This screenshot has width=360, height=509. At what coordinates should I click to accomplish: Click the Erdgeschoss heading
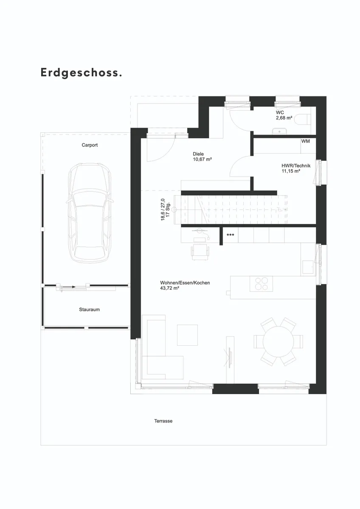(x=81, y=73)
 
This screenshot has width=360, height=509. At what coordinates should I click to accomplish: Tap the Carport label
(x=90, y=145)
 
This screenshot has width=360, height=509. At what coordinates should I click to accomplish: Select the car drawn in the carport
(x=90, y=213)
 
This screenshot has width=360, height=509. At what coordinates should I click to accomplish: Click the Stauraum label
(x=90, y=310)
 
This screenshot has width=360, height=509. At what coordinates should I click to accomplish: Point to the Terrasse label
(x=163, y=421)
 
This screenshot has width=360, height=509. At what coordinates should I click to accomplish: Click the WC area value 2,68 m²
(x=284, y=118)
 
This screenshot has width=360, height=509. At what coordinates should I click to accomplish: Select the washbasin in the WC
(x=279, y=131)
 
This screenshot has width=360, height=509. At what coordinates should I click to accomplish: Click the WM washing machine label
(x=305, y=141)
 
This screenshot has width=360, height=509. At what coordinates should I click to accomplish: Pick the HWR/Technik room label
(x=296, y=166)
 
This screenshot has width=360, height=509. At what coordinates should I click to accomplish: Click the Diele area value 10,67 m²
(x=202, y=159)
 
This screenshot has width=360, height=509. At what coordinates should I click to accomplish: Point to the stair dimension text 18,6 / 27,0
(x=163, y=210)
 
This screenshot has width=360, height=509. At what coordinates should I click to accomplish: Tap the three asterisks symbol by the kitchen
(x=231, y=235)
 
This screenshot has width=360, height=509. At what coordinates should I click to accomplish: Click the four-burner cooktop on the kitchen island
(x=261, y=284)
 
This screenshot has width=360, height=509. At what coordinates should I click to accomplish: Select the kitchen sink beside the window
(x=308, y=267)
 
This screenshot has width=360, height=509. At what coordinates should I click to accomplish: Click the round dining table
(x=278, y=341)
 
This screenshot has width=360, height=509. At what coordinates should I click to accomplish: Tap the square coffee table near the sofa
(x=187, y=335)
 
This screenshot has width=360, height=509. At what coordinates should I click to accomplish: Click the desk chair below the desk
(x=200, y=252)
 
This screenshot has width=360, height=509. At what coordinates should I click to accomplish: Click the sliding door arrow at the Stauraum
(x=69, y=287)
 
